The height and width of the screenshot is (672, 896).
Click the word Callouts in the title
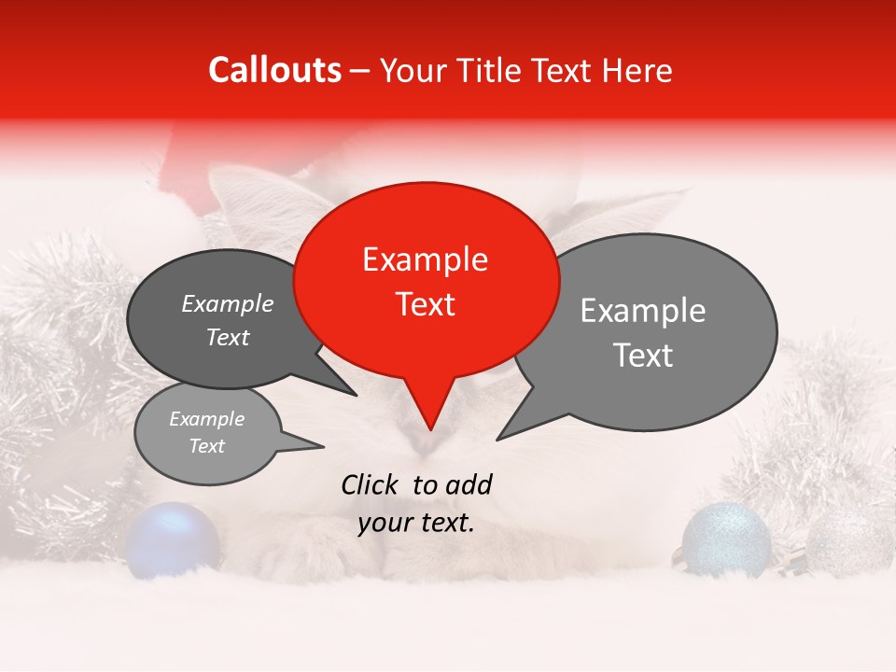tap(274, 70)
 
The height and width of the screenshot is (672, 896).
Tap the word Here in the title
tap(637, 71)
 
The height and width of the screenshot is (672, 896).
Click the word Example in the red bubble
tap(425, 259)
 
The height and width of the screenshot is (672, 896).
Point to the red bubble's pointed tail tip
tap(430, 429)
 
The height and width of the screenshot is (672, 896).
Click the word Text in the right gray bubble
tap(643, 356)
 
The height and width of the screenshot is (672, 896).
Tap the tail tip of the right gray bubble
tap(497, 439)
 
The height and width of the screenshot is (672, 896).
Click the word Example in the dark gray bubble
tap(227, 304)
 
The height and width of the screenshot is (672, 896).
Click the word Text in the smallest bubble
tap(206, 446)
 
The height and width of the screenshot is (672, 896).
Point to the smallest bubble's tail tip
tap(323, 447)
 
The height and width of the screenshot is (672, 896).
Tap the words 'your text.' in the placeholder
tap(416, 523)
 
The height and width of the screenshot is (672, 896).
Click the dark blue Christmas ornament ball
tap(173, 539)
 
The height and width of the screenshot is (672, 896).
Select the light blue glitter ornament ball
tap(726, 539)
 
